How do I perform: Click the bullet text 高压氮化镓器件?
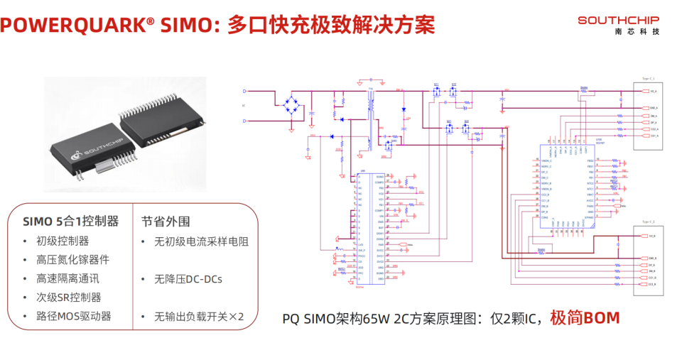point(73,260)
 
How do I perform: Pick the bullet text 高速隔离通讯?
point(68,278)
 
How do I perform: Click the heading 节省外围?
point(166,222)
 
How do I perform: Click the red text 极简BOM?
point(585,317)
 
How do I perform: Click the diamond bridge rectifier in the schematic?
point(291,104)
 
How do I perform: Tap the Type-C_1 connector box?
point(649,113)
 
